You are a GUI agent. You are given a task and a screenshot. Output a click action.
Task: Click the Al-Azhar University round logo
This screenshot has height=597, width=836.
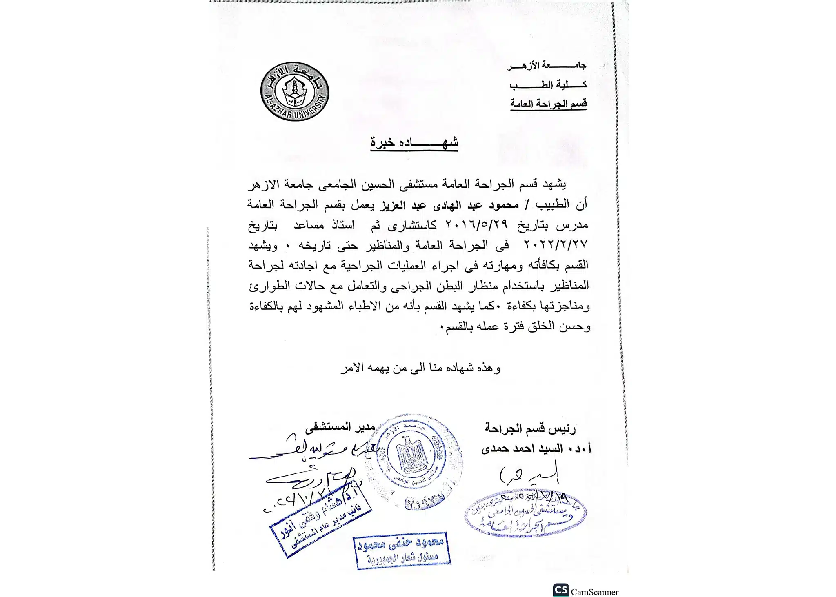coord(295,91)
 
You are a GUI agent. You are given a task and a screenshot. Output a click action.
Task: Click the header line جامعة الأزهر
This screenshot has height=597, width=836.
coord(547,65)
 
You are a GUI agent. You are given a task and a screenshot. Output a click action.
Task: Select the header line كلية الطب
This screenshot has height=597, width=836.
coord(548,85)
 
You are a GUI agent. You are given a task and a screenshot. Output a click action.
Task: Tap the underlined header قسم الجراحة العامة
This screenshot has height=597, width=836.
coord(548,104)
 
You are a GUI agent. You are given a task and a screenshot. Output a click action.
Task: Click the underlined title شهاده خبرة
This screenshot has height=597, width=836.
coord(414,143)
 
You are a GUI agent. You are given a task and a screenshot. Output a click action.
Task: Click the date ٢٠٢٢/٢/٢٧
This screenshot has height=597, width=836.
coord(556,244)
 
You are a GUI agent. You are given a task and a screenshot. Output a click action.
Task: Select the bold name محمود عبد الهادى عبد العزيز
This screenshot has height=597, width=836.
coord(450,204)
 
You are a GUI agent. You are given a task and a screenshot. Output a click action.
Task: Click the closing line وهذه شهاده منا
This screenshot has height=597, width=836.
coord(420,368)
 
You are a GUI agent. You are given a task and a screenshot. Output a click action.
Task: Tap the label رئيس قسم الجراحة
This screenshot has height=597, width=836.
coord(530,428)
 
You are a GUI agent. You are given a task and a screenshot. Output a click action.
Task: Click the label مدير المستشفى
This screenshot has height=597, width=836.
coord(340,427)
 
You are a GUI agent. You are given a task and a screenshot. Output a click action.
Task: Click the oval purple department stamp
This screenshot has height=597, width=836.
coord(525,514)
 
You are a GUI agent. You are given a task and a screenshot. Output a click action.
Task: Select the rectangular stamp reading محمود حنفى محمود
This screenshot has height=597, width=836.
coord(402,550)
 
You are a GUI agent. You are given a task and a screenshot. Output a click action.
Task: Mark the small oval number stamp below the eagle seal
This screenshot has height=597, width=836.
coord(425,503)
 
